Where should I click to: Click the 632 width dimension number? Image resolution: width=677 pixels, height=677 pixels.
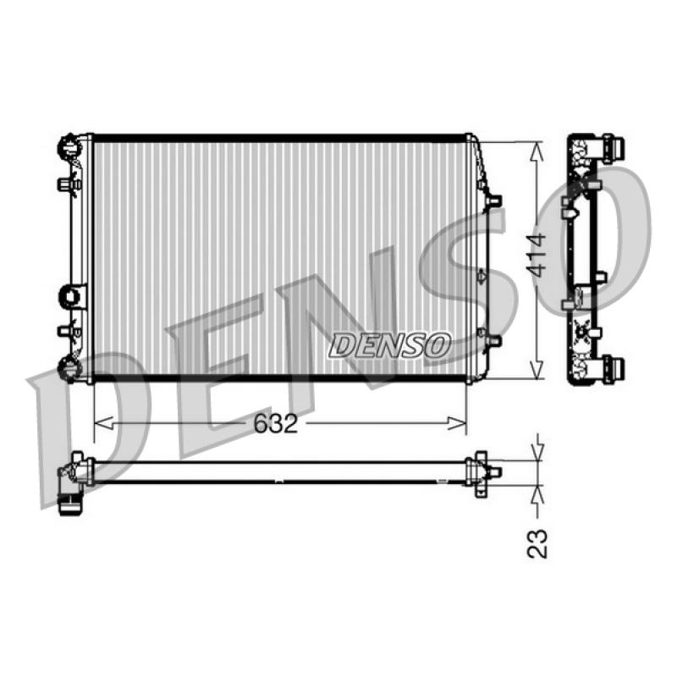coord(276,424)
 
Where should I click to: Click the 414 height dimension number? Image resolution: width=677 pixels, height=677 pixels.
coord(537,256)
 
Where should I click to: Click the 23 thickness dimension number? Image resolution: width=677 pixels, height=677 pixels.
coord(537,543)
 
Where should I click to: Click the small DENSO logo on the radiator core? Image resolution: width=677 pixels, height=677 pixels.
coord(390,345)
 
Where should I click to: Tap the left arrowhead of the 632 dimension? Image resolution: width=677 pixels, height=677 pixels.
coord(103,424)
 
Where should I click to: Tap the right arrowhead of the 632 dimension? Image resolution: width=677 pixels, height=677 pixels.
coord(457,424)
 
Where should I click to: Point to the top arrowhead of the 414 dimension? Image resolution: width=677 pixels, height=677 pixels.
coord(537,152)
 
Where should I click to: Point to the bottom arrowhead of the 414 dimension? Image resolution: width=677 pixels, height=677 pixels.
coord(537,369)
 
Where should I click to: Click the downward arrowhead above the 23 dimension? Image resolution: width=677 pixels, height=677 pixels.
coord(537,452)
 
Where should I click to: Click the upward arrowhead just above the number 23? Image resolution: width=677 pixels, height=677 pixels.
coord(537,495)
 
